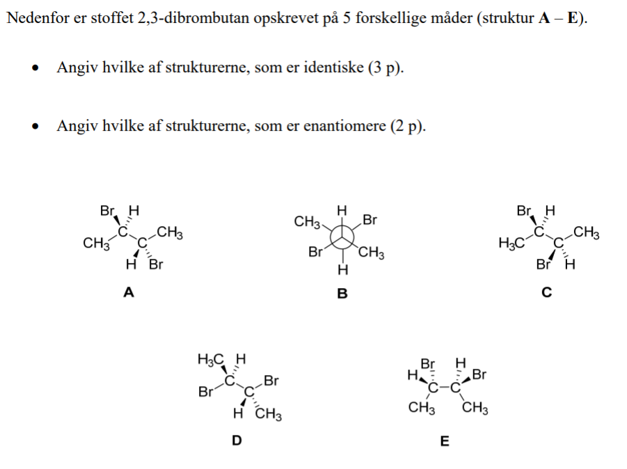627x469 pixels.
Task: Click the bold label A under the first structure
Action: coord(128,293)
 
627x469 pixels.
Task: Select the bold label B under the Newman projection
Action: coord(342,294)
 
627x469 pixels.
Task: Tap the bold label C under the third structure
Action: coord(546,293)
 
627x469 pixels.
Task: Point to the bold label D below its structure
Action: coord(237,440)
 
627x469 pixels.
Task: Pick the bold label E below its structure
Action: coord(445,440)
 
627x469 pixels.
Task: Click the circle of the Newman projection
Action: coord(342,237)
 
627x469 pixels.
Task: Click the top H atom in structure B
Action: coord(342,209)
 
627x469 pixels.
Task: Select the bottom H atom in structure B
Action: coord(342,269)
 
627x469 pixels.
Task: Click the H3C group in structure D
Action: coord(212,360)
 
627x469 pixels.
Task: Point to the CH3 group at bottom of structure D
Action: coord(268,415)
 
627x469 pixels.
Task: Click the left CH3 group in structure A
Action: coord(95,244)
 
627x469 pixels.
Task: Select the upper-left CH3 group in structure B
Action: coord(307,222)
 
